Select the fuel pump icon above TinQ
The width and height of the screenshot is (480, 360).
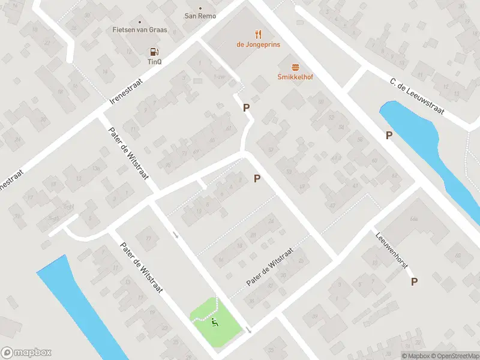tap(153, 52)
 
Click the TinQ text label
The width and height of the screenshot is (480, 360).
tap(154, 61)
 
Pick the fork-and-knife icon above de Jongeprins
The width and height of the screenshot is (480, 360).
tap(259, 34)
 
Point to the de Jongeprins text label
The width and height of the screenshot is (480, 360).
tap(259, 44)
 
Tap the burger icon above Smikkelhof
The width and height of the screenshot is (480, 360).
tap(295, 67)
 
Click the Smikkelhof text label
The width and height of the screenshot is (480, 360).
tap(295, 77)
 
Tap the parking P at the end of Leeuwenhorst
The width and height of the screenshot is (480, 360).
tap(415, 281)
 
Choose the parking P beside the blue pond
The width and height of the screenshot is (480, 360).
tap(389, 135)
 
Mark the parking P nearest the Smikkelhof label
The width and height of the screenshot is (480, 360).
tap(245, 107)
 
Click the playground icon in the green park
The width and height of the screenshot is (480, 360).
tap(215, 322)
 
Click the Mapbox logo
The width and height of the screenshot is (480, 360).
tap(26, 353)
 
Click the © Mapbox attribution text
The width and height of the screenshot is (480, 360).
tap(415, 356)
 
